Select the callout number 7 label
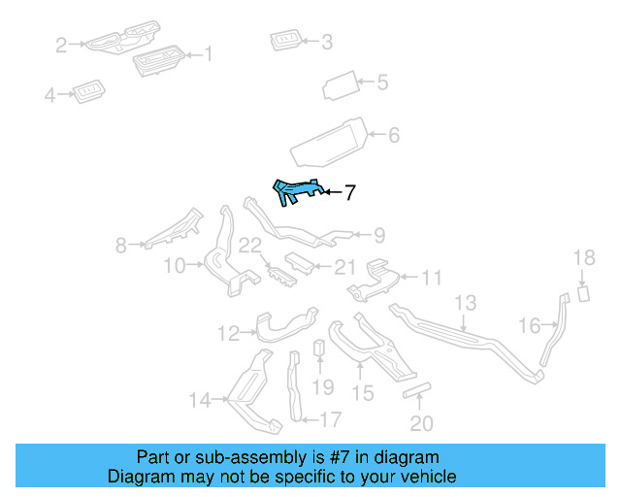[349, 193]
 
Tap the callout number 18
[583, 258]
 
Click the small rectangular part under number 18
[584, 292]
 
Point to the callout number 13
[465, 303]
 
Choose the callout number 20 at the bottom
[421, 423]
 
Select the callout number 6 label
[393, 136]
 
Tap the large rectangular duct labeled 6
[330, 142]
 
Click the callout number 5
[381, 83]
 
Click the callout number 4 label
[49, 95]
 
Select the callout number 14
[199, 399]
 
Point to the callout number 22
[251, 247]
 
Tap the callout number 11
[431, 279]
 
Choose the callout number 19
[322, 387]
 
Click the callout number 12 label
[227, 334]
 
